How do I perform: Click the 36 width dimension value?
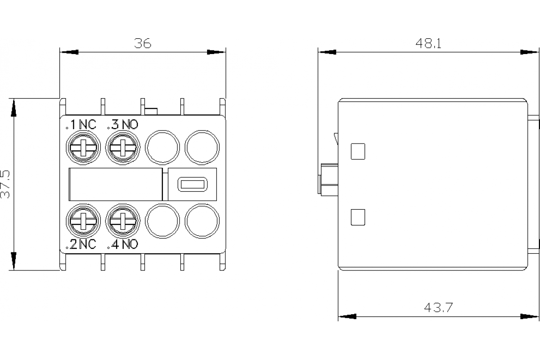point(143,43)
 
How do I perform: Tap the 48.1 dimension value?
point(428,43)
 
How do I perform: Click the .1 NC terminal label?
point(81,124)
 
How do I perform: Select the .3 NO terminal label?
point(122,124)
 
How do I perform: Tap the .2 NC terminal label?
point(81,244)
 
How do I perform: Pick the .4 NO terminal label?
point(122,244)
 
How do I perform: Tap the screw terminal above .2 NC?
point(83,221)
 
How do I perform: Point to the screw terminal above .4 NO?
point(122,221)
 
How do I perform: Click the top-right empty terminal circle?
point(202,147)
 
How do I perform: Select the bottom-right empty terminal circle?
point(202,221)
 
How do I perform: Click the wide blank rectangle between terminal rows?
point(115,184)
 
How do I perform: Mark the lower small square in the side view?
point(357,217)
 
